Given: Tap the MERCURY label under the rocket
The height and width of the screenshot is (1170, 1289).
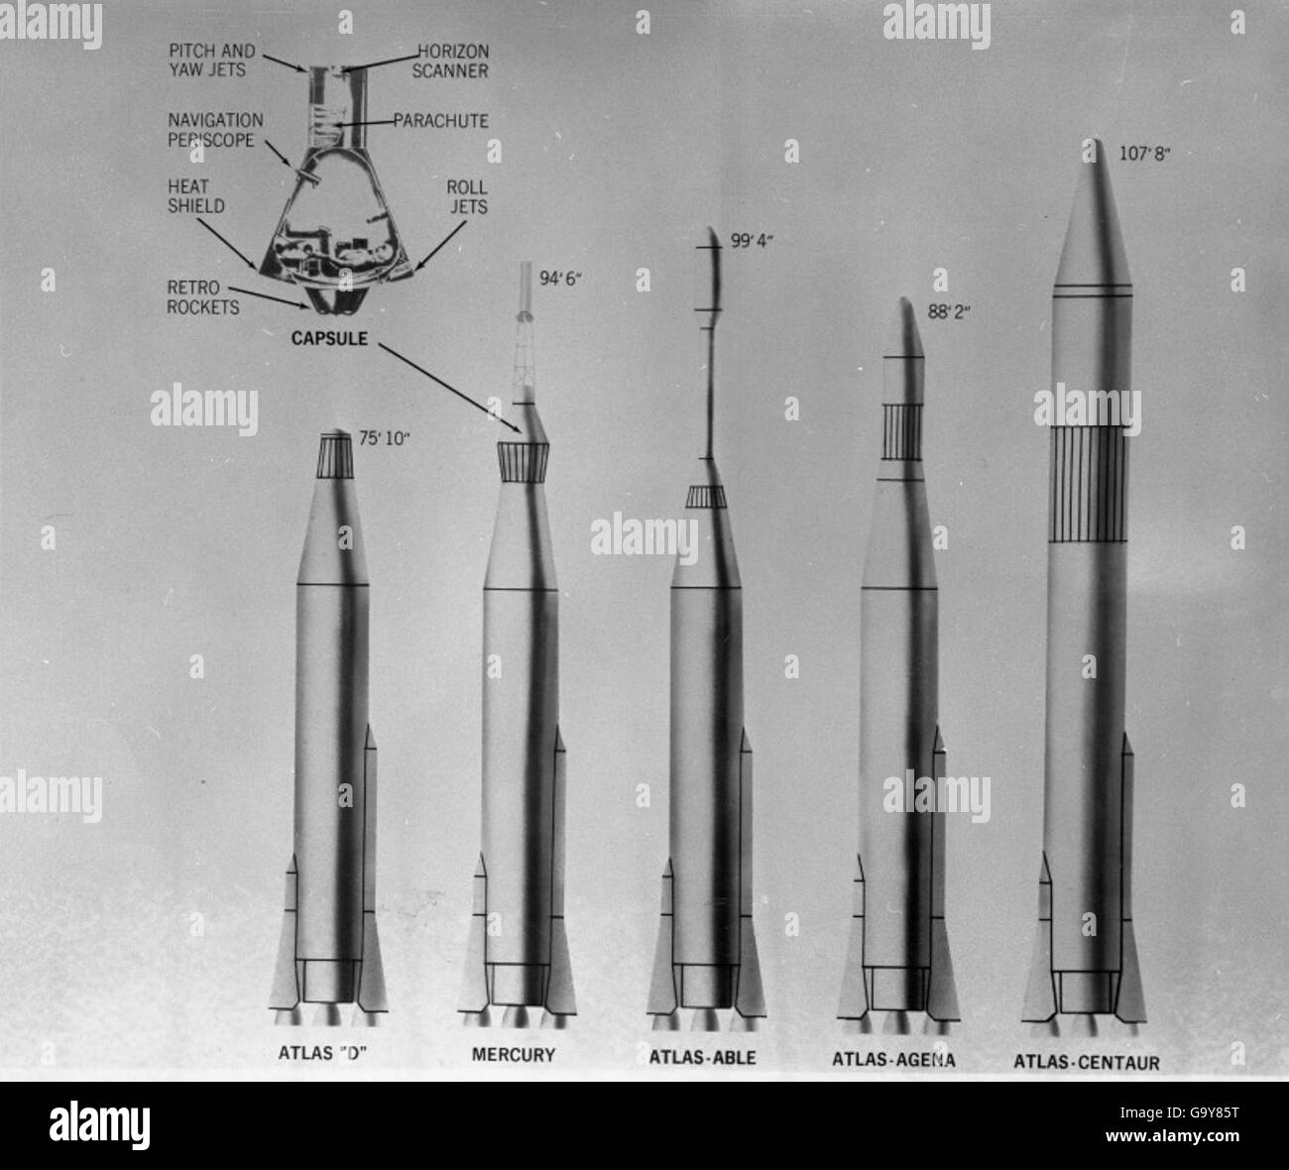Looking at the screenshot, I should pos(513,1054).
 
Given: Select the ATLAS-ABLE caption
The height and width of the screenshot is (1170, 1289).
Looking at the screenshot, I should pos(702,1057).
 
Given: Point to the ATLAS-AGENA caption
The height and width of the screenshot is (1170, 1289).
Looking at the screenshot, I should pos(894,1060).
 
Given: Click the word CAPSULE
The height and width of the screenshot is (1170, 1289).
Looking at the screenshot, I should pos(329,338).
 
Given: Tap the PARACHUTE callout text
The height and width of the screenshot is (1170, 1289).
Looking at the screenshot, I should pos(440,121).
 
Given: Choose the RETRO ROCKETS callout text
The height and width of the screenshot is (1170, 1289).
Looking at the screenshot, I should pos(202,297).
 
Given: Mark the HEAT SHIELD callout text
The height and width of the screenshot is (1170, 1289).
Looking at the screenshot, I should pos(195,196).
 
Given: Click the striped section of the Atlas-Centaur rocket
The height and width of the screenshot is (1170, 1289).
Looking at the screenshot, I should pos(1091,484).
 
